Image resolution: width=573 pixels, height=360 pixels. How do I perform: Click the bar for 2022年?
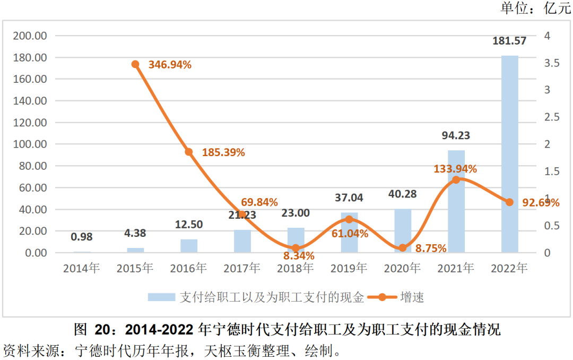(x=509, y=154)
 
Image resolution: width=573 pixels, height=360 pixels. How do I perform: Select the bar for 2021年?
(x=456, y=202)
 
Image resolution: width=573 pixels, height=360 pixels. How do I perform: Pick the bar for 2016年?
(x=189, y=246)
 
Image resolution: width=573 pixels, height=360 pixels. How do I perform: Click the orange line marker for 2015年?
(x=135, y=64)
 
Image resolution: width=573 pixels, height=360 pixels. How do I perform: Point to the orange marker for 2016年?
(x=189, y=152)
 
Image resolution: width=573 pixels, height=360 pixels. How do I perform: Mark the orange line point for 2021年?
(x=456, y=180)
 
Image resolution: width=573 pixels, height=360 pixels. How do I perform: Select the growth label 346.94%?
(x=170, y=65)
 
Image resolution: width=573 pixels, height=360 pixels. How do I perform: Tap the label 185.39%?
(x=223, y=152)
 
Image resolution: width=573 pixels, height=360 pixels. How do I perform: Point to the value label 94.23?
(x=456, y=136)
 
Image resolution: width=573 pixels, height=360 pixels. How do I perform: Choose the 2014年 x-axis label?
(x=82, y=268)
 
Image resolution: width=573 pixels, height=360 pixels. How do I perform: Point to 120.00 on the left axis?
(x=30, y=123)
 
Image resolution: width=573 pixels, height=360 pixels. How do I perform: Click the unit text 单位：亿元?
(x=535, y=8)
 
